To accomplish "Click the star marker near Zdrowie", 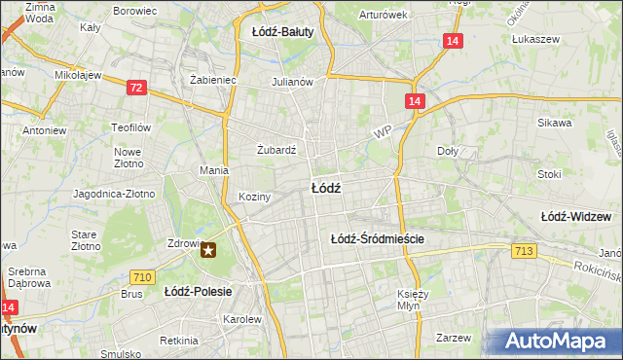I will pyautogui.click(x=209, y=251).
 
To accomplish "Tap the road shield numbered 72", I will pyautogui.click(x=136, y=88).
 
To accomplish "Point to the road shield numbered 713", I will pyautogui.click(x=523, y=252).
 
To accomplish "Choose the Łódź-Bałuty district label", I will pyautogui.click(x=282, y=32).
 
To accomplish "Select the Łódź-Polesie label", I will pyautogui.click(x=195, y=291).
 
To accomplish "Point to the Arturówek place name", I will pyautogui.click(x=383, y=15).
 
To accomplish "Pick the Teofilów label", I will pyautogui.click(x=129, y=127).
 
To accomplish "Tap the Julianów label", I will pyautogui.click(x=292, y=82).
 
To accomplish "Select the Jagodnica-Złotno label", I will pyautogui.click(x=115, y=194).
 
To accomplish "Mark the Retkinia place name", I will pyautogui.click(x=179, y=341).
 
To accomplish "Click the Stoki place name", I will pyautogui.click(x=549, y=174).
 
